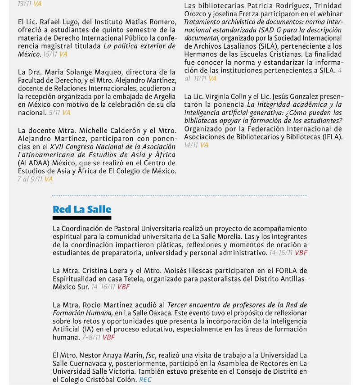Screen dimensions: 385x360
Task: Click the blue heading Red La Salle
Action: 81,209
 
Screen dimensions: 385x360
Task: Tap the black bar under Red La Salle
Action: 81,218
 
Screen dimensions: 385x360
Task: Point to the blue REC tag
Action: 145,380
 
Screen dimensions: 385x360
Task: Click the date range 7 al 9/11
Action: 30,179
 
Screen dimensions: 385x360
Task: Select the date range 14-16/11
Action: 103,286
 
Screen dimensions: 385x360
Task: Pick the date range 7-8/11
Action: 91,337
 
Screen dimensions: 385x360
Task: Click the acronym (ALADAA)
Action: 33,163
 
